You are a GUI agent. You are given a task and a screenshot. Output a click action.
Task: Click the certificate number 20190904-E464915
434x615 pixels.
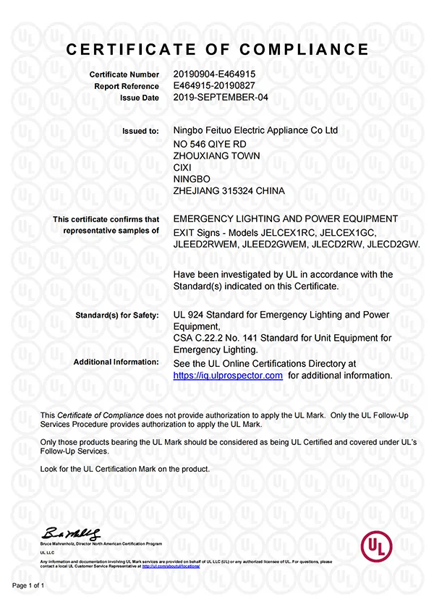215,75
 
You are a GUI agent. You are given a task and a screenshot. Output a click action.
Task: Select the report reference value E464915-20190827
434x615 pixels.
215,85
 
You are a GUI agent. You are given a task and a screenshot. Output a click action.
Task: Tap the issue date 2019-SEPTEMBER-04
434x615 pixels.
221,97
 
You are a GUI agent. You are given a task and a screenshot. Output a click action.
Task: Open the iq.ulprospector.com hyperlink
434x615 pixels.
228,376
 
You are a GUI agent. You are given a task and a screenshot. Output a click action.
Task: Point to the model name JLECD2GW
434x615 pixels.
393,244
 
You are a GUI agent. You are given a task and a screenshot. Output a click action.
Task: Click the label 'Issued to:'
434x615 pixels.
142,132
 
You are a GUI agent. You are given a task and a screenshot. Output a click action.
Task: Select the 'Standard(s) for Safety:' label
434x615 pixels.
117,315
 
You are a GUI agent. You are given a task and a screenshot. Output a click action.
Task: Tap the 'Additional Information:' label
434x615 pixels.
116,362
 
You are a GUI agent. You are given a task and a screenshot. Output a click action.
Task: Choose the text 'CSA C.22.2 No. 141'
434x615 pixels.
216,338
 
